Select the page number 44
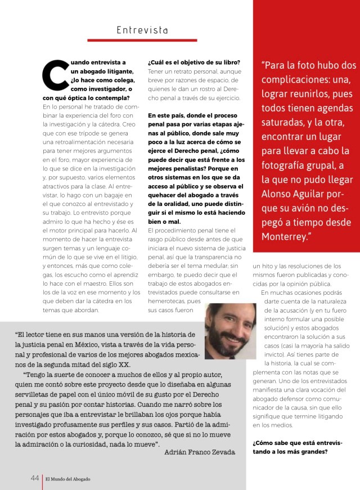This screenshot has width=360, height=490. [34, 478]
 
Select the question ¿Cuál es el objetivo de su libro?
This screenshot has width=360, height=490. [194, 62]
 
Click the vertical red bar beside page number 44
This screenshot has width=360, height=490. [42, 478]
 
